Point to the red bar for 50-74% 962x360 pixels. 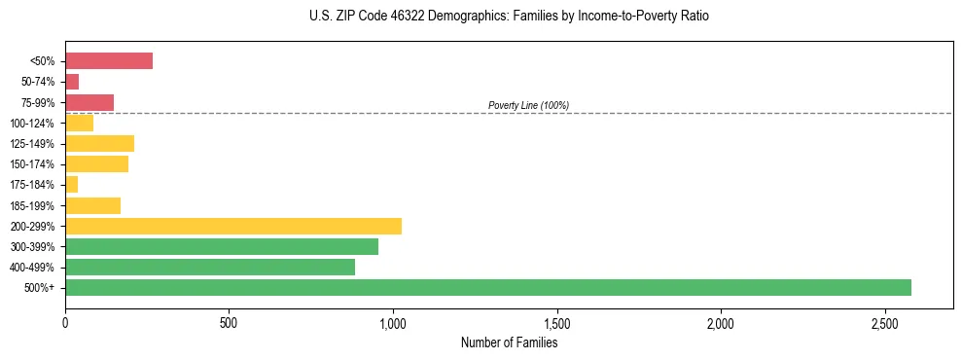point(72,82)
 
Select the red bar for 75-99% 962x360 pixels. point(89,102)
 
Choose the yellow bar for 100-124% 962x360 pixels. point(79,123)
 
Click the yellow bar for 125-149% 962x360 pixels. point(99,143)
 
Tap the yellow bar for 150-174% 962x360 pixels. point(96,163)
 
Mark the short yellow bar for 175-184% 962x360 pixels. point(71,184)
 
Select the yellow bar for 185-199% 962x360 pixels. point(92,205)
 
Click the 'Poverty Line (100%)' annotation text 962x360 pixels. point(528,105)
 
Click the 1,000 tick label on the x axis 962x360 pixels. point(393,322)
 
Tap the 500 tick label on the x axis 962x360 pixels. point(229,322)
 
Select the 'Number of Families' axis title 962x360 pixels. point(509,342)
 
